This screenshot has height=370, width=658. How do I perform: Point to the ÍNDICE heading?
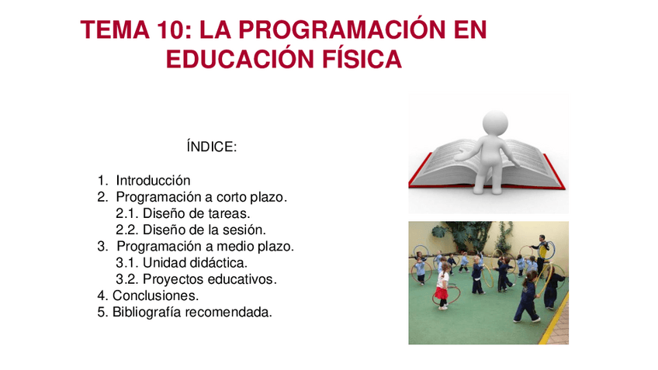(x=211, y=147)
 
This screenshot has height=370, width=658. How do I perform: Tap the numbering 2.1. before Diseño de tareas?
(x=126, y=213)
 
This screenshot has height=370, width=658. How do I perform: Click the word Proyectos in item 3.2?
(x=171, y=279)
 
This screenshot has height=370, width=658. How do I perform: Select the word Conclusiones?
(x=155, y=296)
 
